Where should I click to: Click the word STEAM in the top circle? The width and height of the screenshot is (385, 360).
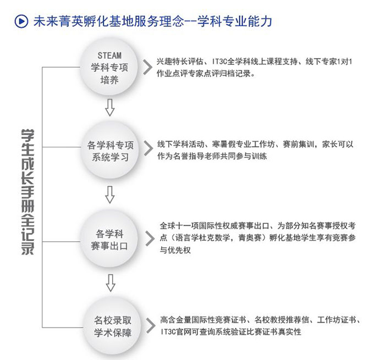(x=109, y=56)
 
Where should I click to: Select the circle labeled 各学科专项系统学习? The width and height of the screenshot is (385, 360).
(x=110, y=150)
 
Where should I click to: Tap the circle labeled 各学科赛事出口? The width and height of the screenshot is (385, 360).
(x=109, y=239)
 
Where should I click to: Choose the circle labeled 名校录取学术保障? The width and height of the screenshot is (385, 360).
(x=112, y=326)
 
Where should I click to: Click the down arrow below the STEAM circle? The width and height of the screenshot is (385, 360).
(x=110, y=108)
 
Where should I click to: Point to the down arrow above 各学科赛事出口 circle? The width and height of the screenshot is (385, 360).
(x=110, y=195)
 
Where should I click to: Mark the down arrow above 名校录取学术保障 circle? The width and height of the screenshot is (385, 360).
(x=111, y=283)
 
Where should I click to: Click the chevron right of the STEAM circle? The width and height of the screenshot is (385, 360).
(x=147, y=67)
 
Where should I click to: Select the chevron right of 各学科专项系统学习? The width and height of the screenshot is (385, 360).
(x=148, y=148)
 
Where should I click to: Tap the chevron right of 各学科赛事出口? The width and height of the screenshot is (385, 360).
(x=150, y=239)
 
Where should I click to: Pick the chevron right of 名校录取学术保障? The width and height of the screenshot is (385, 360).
(x=151, y=325)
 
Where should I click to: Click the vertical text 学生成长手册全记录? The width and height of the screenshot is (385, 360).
(x=28, y=192)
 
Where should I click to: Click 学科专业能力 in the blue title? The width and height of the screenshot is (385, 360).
(x=234, y=21)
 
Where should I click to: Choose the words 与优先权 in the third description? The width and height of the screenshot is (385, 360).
(x=175, y=250)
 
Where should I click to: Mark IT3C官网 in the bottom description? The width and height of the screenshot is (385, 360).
(x=176, y=332)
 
